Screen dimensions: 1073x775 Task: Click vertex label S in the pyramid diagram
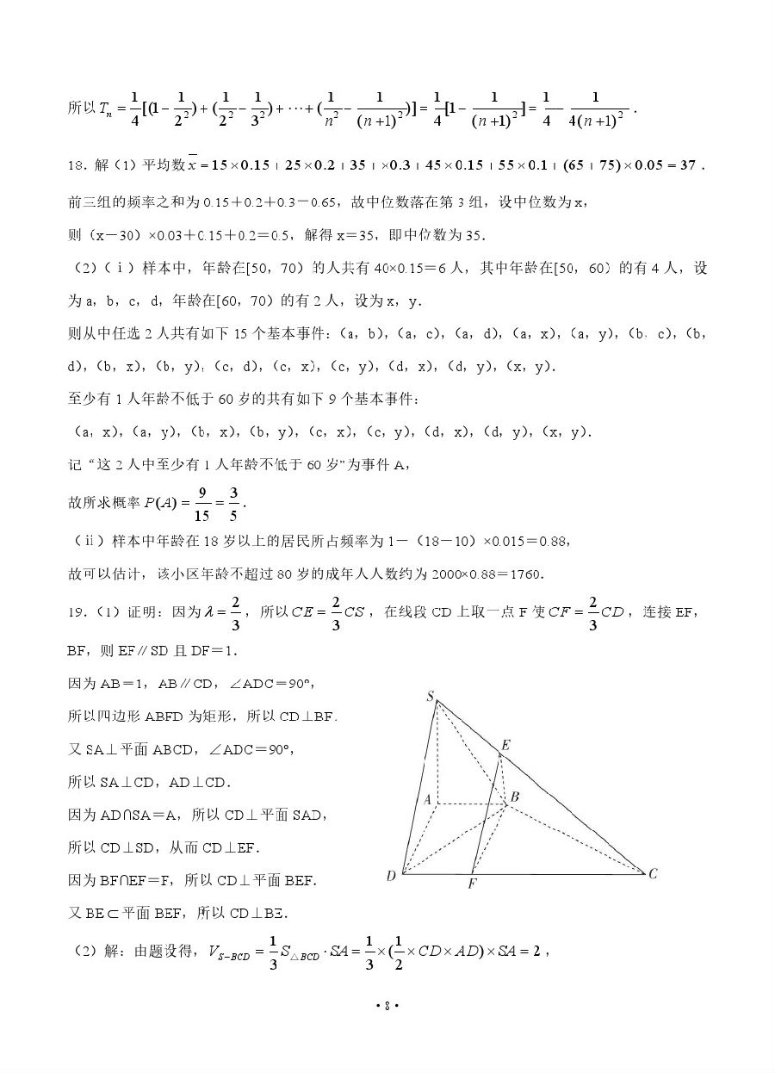coord(430,696)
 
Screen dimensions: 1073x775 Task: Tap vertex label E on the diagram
coord(505,745)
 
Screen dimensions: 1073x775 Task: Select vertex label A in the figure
coord(426,799)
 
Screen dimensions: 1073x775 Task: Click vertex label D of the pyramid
coord(391,876)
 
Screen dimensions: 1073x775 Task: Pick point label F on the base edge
coord(473,884)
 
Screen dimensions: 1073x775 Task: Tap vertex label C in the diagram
coord(654,873)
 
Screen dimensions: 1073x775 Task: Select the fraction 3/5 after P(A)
coord(235,504)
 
